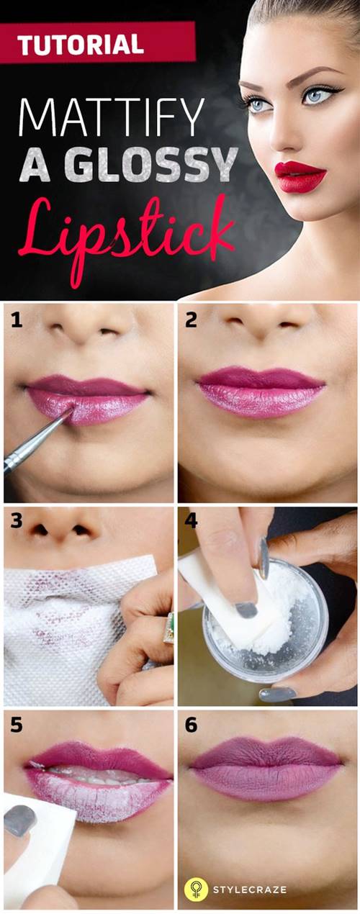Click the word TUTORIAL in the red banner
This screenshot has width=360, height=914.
[81, 44]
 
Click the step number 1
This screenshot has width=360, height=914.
[17, 320]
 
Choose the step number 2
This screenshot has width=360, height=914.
[191, 320]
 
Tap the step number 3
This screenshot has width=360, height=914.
[17, 521]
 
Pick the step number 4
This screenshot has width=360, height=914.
[191, 521]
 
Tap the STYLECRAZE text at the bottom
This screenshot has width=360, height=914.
[249, 890]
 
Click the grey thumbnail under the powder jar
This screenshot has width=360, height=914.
[276, 694]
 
